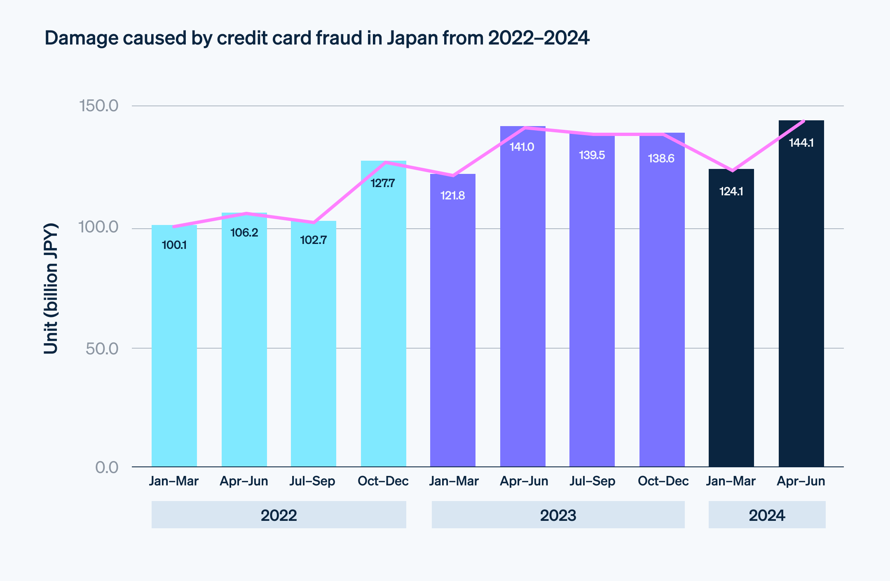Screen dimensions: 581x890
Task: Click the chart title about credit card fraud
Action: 317,38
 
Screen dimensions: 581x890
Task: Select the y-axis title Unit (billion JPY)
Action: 51,288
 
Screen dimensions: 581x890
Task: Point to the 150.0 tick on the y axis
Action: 98,106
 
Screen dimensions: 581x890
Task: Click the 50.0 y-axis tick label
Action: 102,349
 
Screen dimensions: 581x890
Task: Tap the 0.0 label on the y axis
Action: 107,467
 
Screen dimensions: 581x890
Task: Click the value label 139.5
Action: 592,155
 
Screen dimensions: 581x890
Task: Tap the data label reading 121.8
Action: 452,195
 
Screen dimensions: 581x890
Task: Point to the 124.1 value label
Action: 731,192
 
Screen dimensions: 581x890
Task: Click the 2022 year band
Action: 279,515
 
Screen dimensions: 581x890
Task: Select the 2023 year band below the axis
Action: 558,515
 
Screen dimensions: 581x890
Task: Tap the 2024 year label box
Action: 767,515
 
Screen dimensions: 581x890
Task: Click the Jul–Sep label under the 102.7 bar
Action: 312,481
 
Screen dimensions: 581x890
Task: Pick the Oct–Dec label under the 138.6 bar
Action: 663,481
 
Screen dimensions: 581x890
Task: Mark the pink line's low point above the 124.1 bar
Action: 732,171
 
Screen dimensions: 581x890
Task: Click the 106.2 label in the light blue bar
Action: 244,233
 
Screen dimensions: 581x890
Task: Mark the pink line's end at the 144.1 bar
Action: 803,121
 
